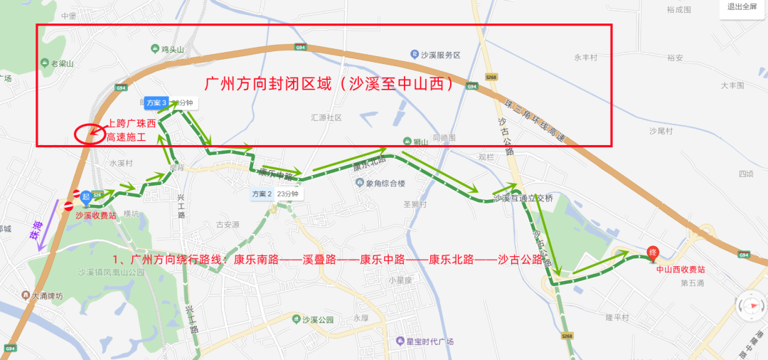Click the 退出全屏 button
point(742,7)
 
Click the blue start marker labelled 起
point(85,196)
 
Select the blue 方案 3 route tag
point(155,102)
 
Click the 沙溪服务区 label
point(437,55)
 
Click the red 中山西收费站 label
point(681,270)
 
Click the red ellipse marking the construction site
point(88,132)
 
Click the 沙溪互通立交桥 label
point(523,198)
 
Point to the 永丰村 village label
point(586,58)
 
